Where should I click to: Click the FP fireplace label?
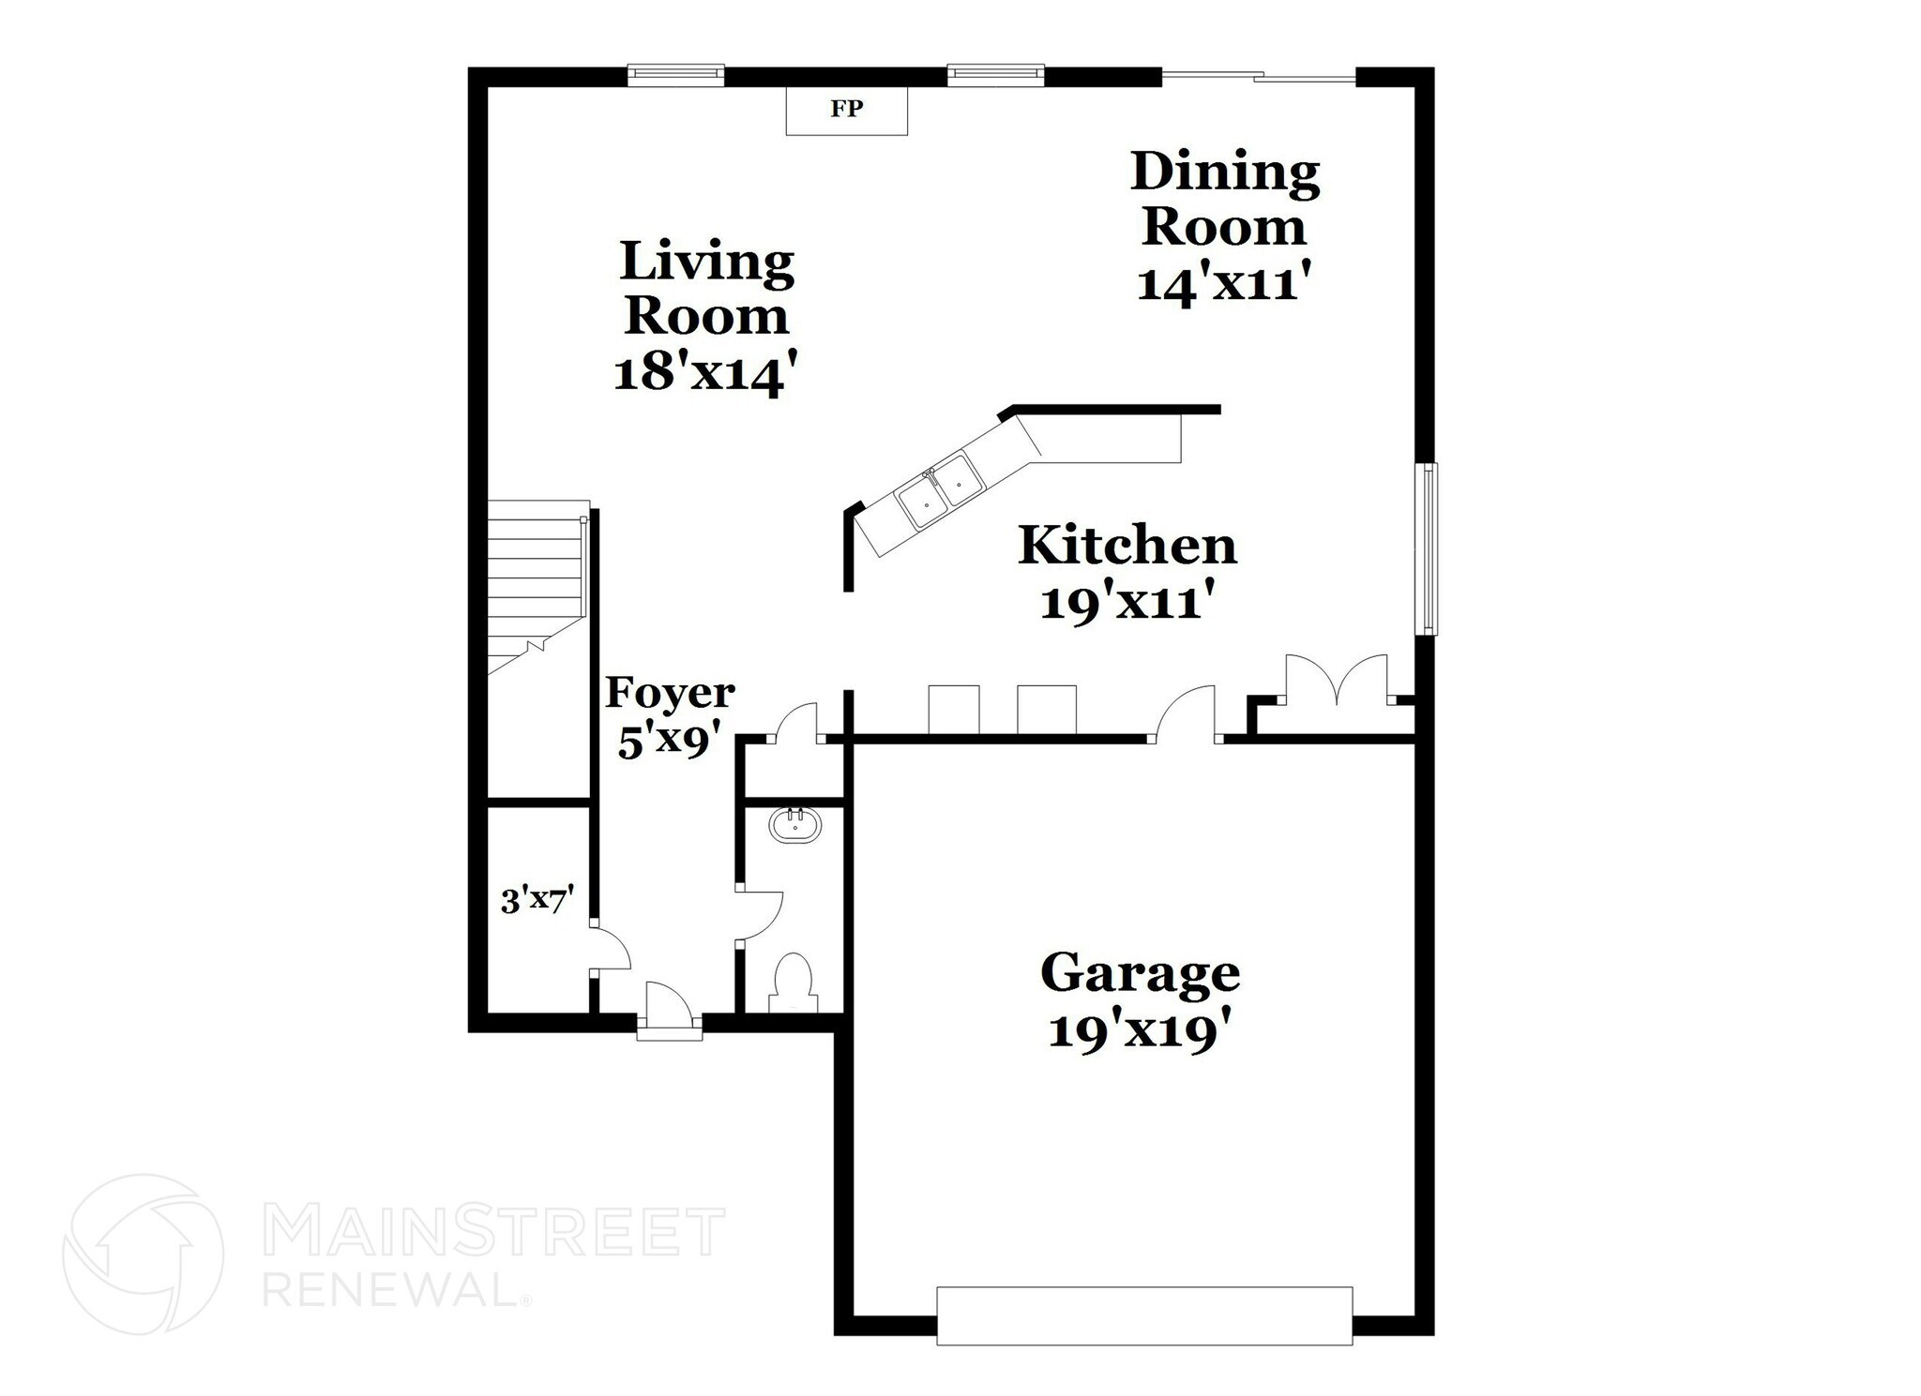coord(846,109)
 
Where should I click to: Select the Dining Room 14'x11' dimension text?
coord(1222,282)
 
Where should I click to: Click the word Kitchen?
coord(1127,546)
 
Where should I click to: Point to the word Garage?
coord(1140,973)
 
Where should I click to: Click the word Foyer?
coord(670,694)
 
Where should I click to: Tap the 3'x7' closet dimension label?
coord(537,901)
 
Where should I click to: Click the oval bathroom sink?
coord(795,825)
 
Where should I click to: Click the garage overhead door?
coord(1144,1316)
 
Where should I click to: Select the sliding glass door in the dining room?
coord(1259,76)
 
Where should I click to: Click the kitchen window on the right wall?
coord(1426,548)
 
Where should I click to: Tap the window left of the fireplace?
coord(675,74)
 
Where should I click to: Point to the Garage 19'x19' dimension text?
coord(1139,1032)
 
